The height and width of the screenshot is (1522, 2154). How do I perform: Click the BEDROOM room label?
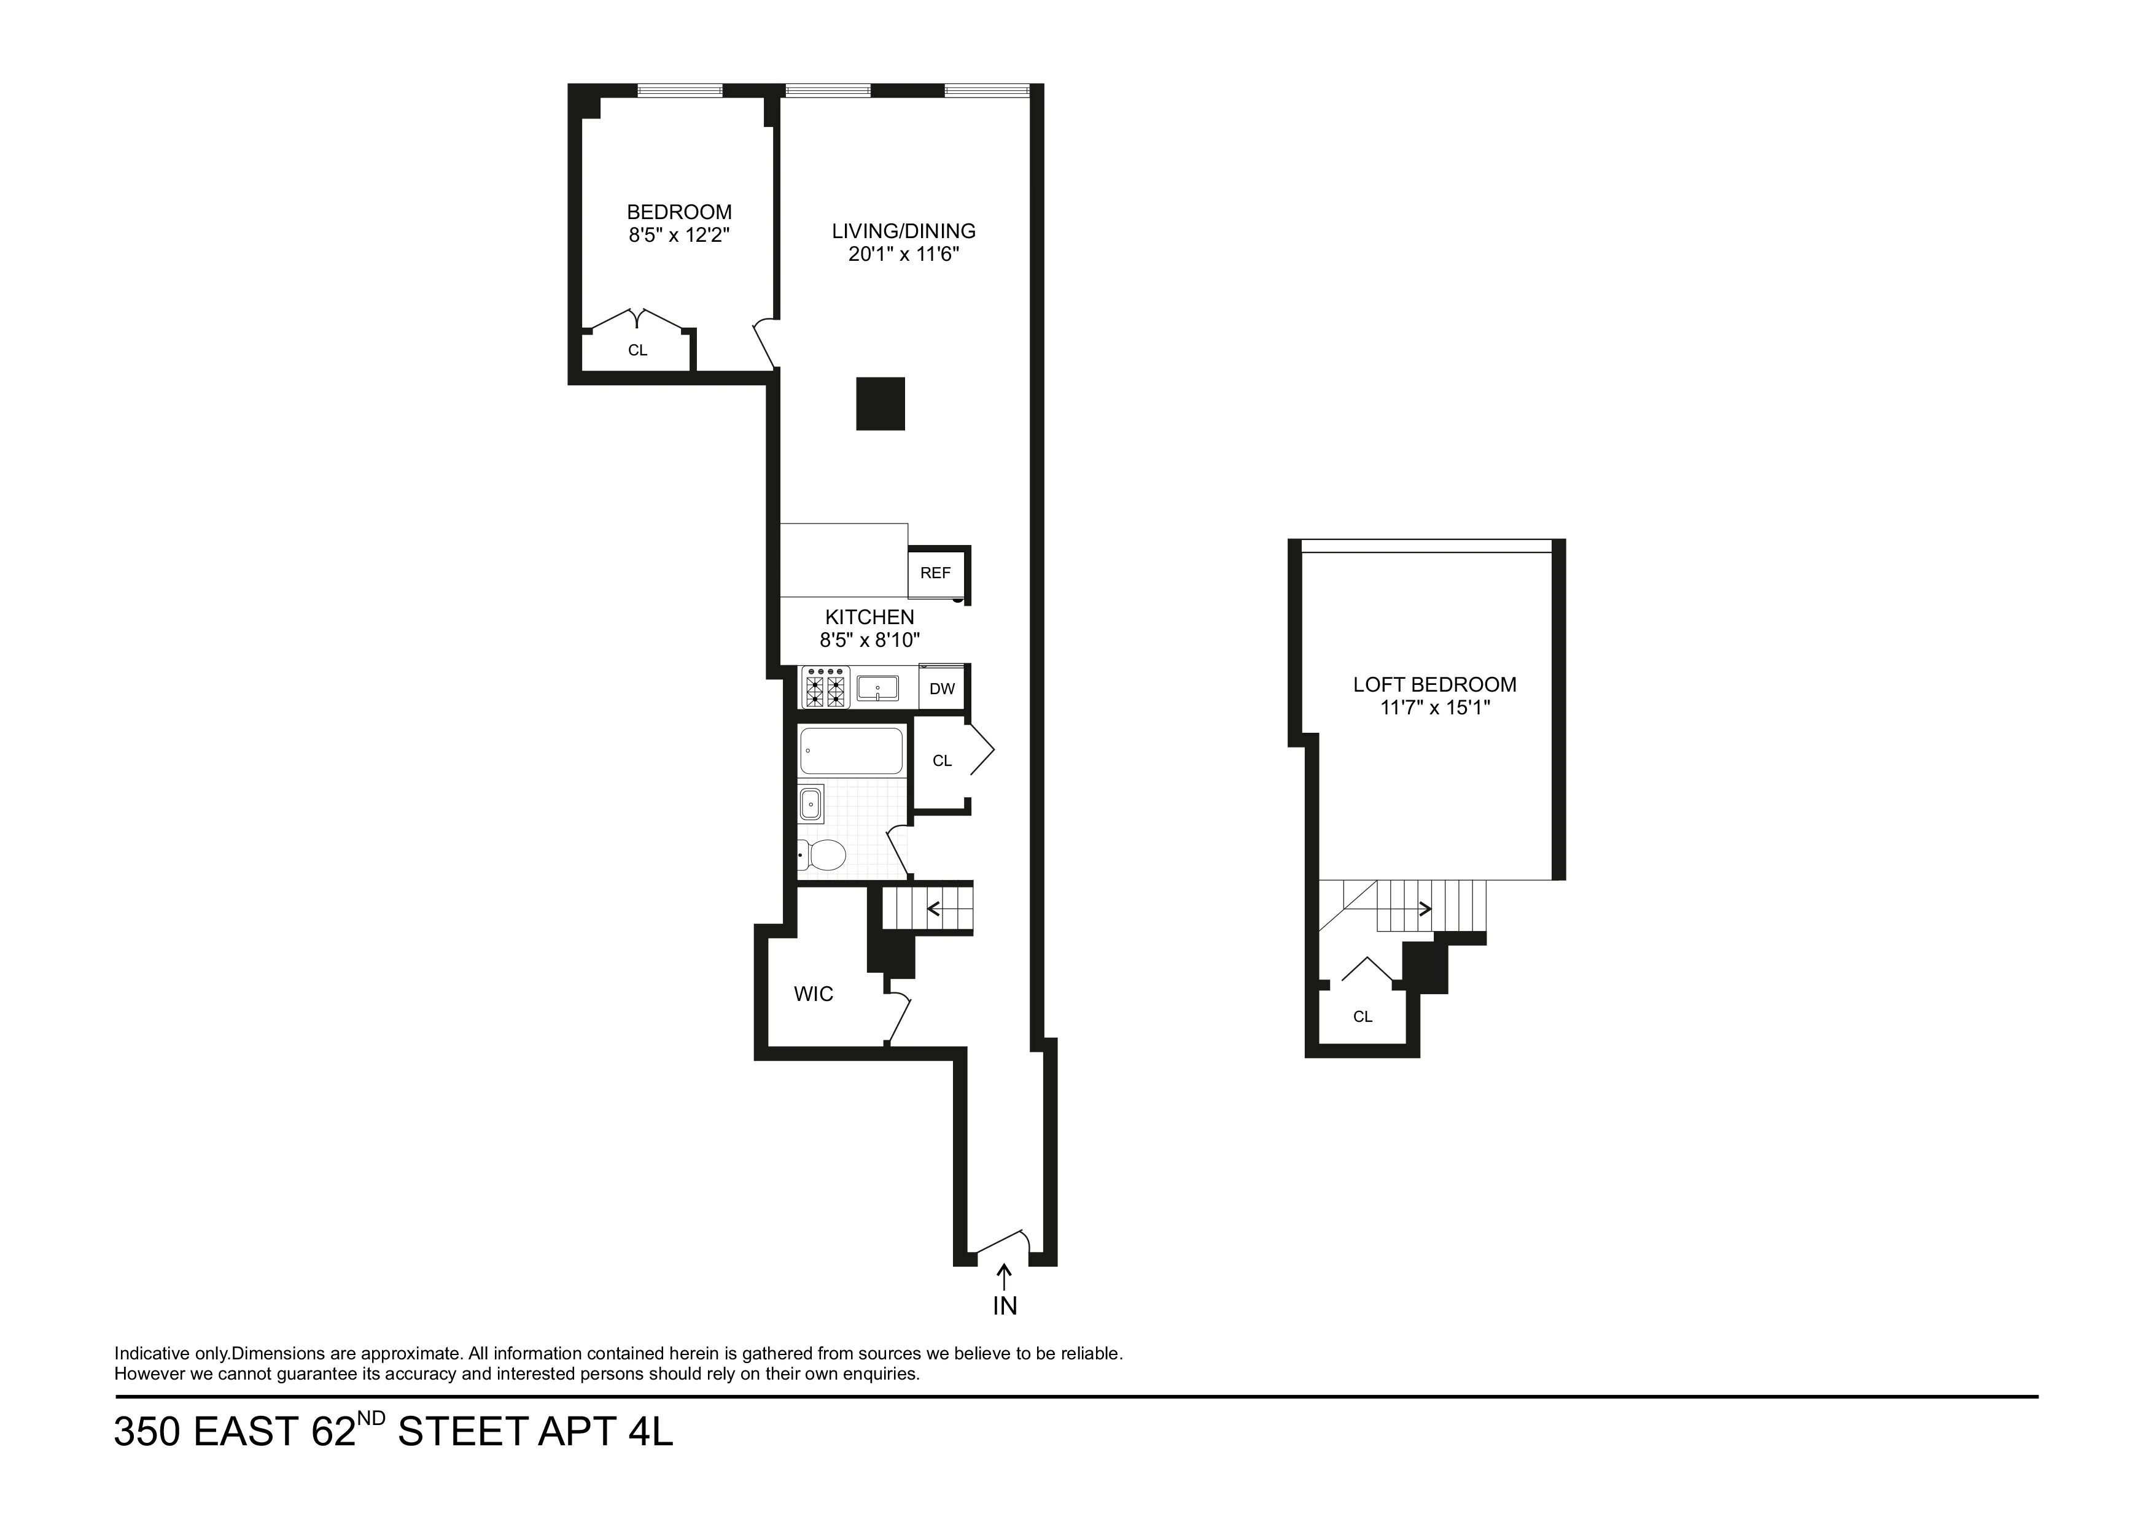coord(678,212)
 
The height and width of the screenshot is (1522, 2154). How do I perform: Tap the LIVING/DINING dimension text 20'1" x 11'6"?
coord(903,254)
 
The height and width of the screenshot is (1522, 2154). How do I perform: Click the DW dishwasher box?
coord(942,689)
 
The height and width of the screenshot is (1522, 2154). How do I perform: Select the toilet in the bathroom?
coord(823,854)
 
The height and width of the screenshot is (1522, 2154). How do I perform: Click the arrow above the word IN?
coord(1004,1277)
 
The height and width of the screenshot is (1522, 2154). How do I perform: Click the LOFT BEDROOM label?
coord(1434,684)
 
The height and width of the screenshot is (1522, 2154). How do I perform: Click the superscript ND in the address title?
coord(371,1417)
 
